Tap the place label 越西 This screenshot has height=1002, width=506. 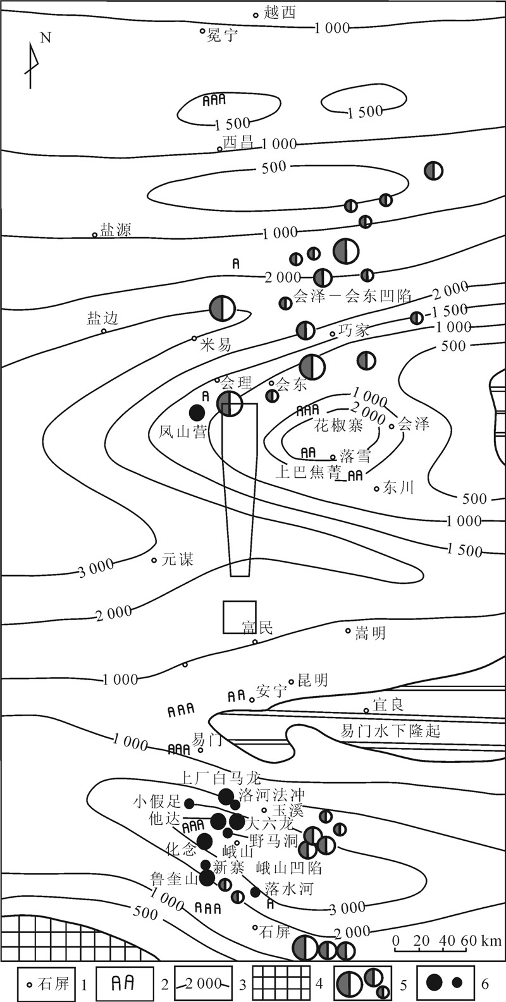point(280,13)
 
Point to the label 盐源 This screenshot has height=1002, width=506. point(115,230)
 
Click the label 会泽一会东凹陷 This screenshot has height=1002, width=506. point(353,295)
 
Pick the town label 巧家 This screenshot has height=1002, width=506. point(353,329)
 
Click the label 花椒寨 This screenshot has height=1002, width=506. point(339,425)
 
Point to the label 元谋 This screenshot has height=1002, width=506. point(178,559)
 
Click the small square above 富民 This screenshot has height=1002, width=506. point(239,617)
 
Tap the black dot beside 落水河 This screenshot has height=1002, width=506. point(255,892)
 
